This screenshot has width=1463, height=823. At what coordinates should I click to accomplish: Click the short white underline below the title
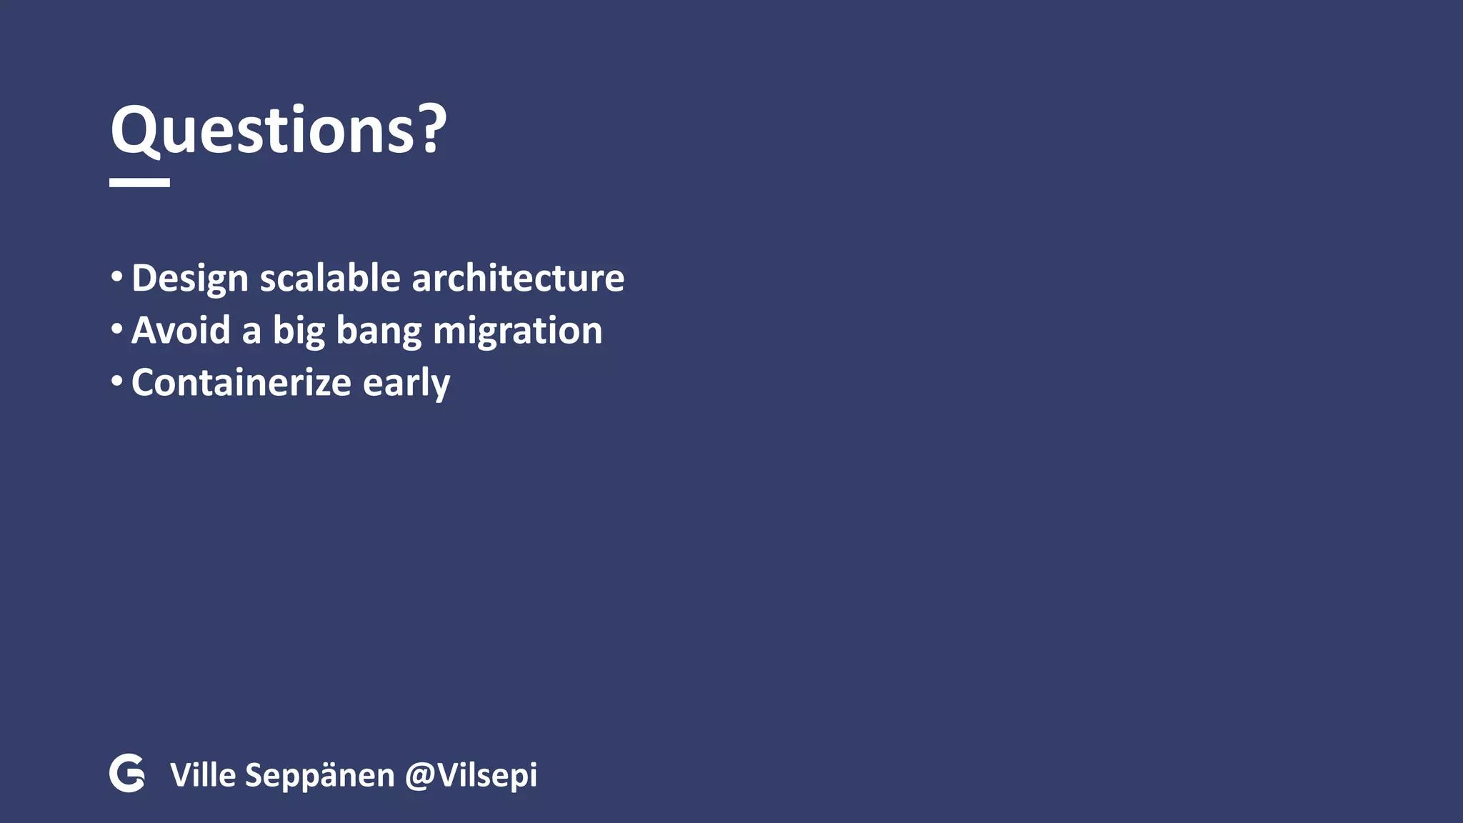(x=139, y=183)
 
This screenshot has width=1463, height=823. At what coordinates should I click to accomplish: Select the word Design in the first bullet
(x=189, y=279)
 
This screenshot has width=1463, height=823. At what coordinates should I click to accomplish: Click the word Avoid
(x=181, y=330)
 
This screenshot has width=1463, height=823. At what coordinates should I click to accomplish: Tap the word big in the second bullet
(x=299, y=331)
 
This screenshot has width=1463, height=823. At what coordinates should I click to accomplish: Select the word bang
(x=379, y=331)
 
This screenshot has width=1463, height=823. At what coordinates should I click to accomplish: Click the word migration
(x=517, y=331)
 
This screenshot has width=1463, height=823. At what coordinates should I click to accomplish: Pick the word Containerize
(x=241, y=383)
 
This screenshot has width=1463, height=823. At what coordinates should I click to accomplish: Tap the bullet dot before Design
(x=116, y=276)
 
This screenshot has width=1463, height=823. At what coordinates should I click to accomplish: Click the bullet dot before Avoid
(x=116, y=329)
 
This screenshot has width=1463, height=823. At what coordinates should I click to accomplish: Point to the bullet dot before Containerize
(x=116, y=381)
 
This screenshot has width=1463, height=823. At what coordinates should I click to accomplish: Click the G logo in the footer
(x=127, y=773)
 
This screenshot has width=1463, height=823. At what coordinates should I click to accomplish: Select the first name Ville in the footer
(x=202, y=775)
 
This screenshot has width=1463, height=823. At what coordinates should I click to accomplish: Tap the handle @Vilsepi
(x=471, y=776)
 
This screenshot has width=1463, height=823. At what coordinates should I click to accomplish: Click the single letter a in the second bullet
(x=251, y=332)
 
